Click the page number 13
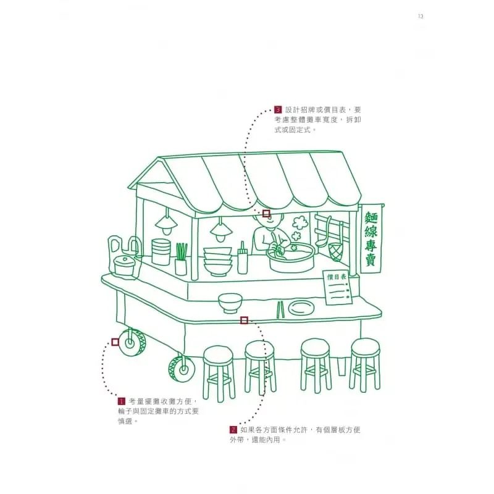420,16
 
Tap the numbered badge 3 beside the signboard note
278,109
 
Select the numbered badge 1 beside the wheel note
122,401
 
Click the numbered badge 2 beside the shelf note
233,429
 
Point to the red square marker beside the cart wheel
115,341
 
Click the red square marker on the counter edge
244,320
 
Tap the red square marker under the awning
266,213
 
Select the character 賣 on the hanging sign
371,260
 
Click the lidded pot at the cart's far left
124,264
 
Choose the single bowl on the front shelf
228,302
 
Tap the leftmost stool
219,371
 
